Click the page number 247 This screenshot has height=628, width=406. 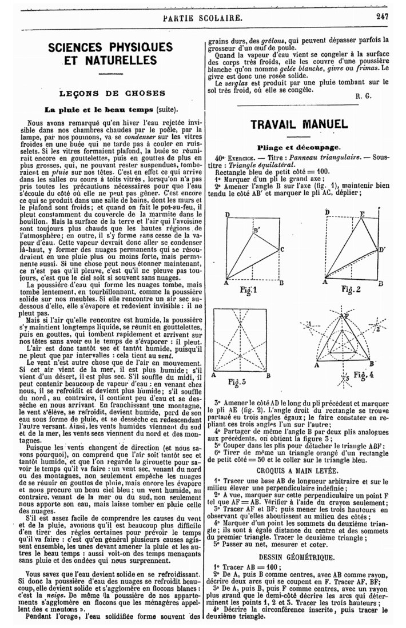click(x=382, y=17)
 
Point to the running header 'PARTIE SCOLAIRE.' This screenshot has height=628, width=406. click(x=202, y=17)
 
